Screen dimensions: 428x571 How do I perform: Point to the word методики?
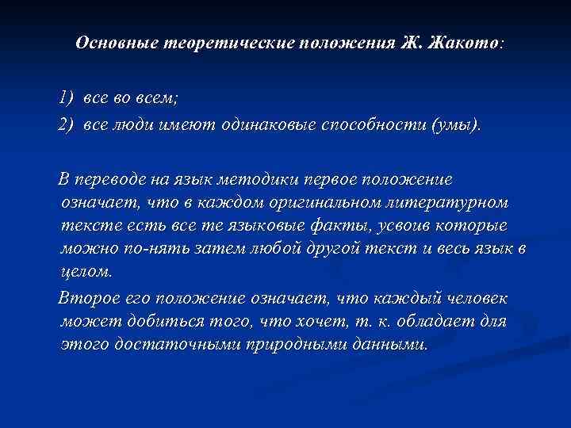(x=292, y=181)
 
